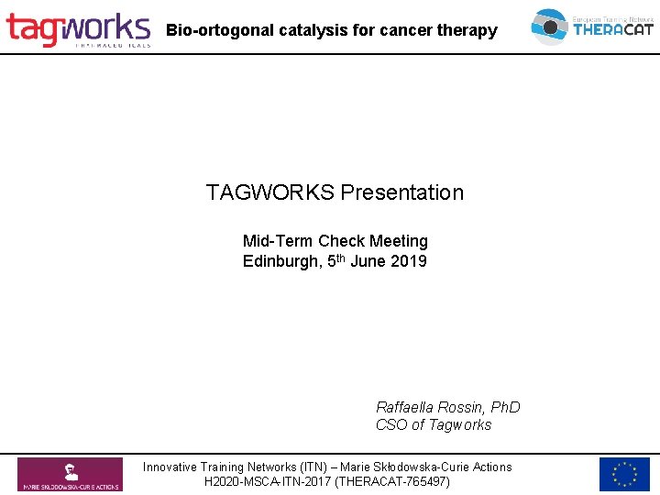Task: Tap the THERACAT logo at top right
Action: (x=592, y=27)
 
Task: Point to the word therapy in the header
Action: (x=467, y=30)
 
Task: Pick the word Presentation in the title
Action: (x=402, y=192)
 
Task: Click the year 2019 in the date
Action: (x=408, y=262)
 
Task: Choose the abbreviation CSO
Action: (x=390, y=424)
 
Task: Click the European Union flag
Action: (x=624, y=474)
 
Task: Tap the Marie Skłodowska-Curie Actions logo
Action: (x=70, y=474)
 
